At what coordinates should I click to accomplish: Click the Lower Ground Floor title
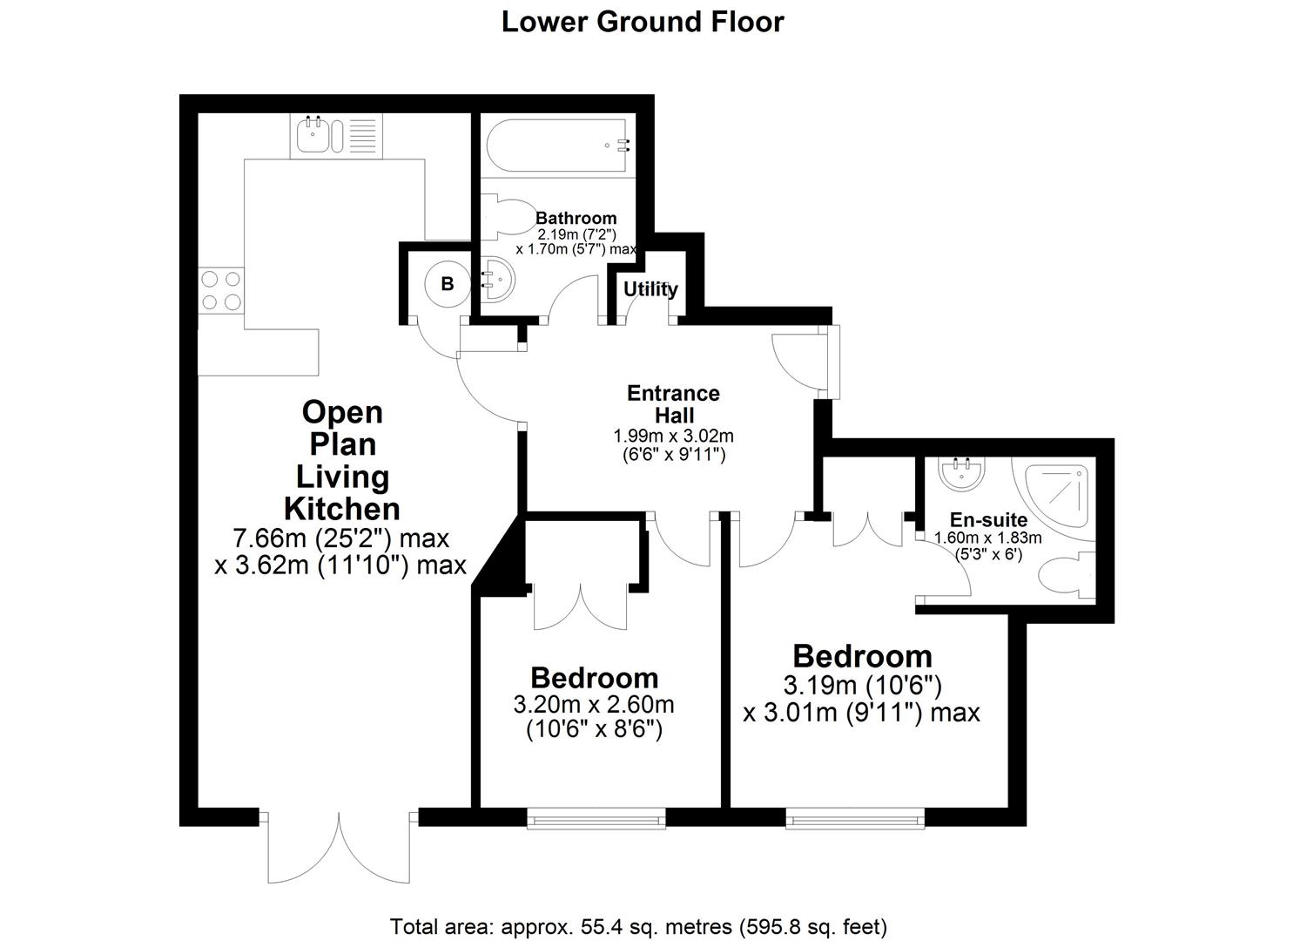642,22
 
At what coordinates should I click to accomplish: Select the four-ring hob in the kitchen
220,291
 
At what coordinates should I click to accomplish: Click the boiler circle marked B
448,284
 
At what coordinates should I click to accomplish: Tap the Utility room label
650,289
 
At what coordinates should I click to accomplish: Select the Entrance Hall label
673,403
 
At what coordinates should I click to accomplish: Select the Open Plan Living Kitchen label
343,460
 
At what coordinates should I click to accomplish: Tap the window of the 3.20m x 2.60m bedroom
596,817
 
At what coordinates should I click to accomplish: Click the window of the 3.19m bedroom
855,817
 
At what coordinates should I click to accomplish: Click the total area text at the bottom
638,926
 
